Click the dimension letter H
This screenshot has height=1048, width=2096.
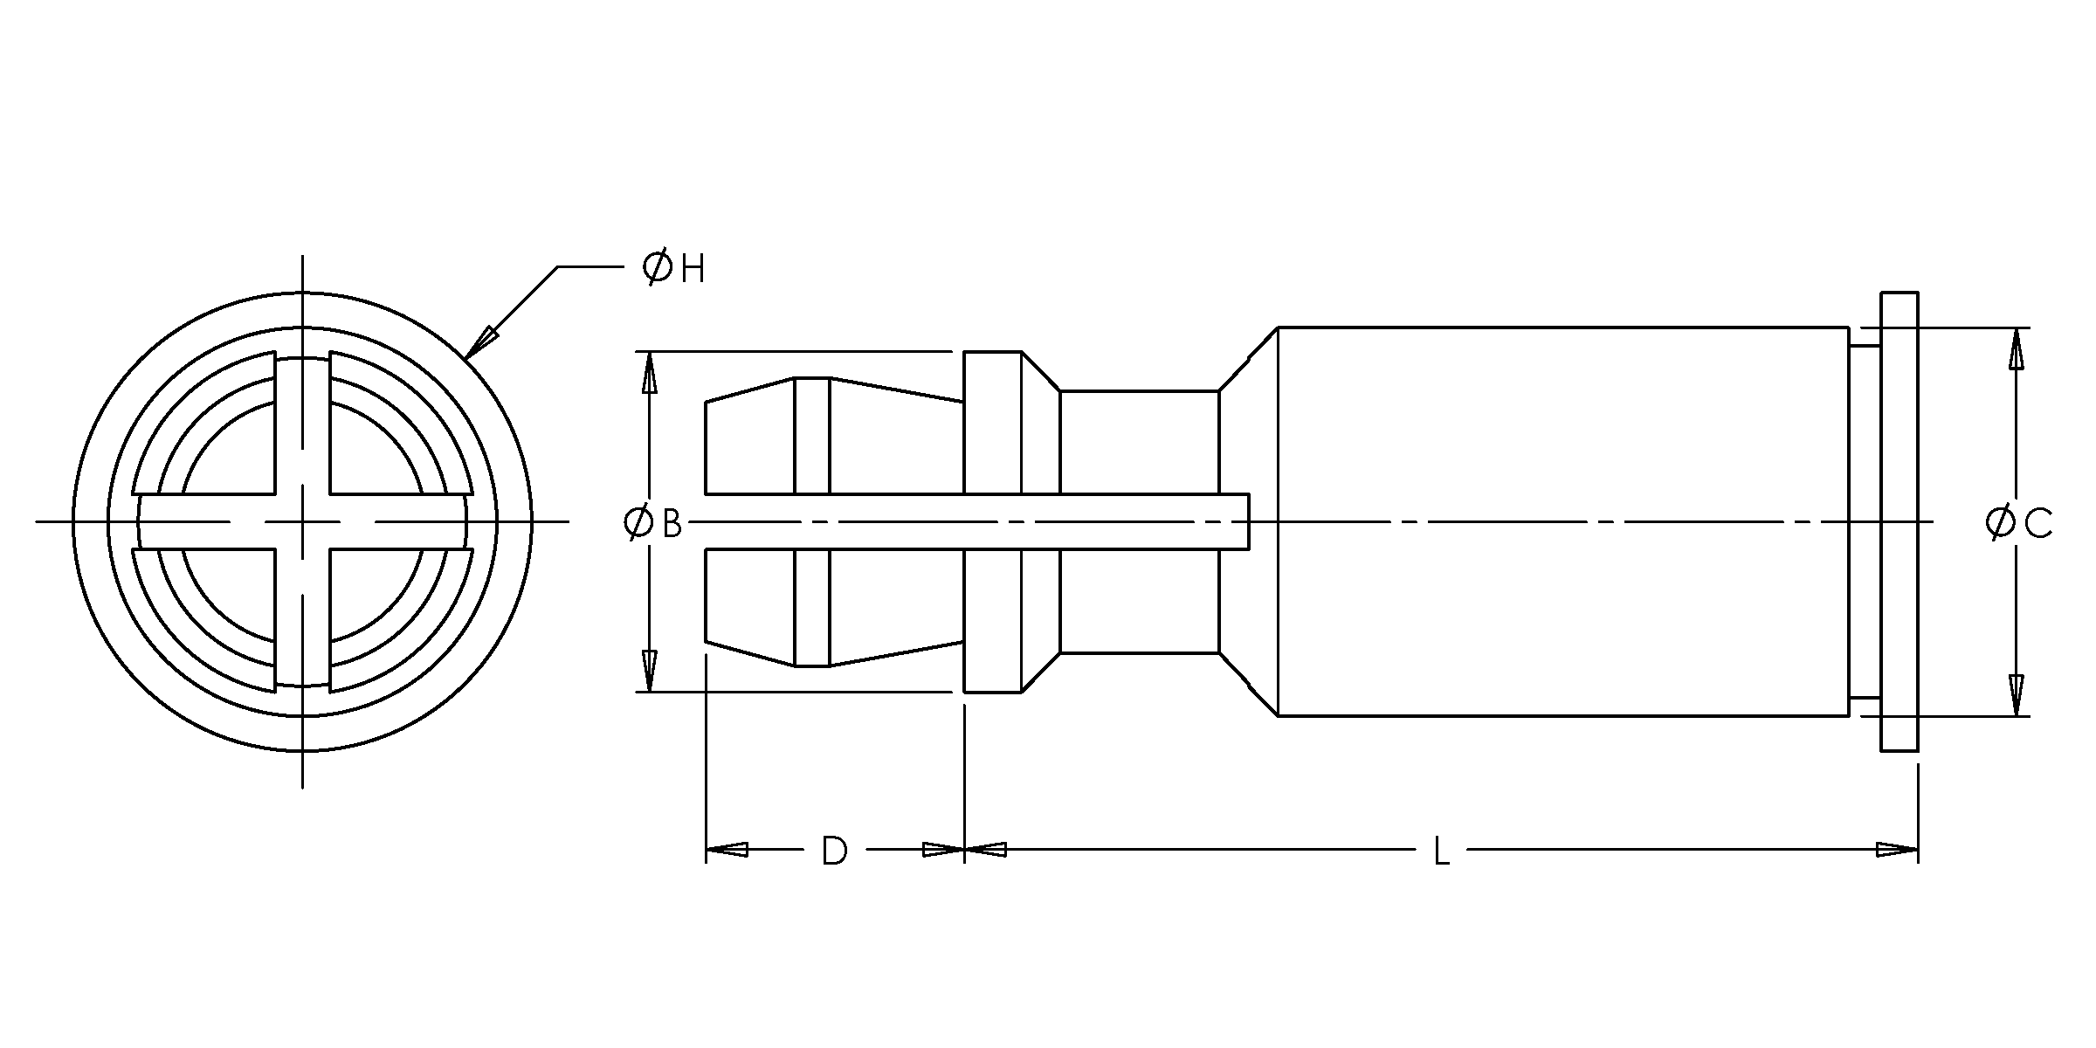[x=693, y=270]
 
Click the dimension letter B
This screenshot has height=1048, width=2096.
[x=672, y=524]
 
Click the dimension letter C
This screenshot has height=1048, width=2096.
[x=2037, y=524]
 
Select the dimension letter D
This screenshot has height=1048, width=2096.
[x=834, y=850]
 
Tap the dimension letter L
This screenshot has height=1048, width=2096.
[x=1441, y=850]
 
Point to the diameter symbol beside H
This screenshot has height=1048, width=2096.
[x=657, y=267]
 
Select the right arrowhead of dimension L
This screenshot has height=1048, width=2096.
[x=1898, y=849]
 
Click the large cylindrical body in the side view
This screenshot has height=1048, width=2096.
[x=1563, y=521]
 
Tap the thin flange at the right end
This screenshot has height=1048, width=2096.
[x=1899, y=521]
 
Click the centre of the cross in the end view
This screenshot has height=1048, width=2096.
[x=302, y=522]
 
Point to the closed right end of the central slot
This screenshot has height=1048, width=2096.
[x=1249, y=522]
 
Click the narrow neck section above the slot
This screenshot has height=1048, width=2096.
[x=1139, y=442]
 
